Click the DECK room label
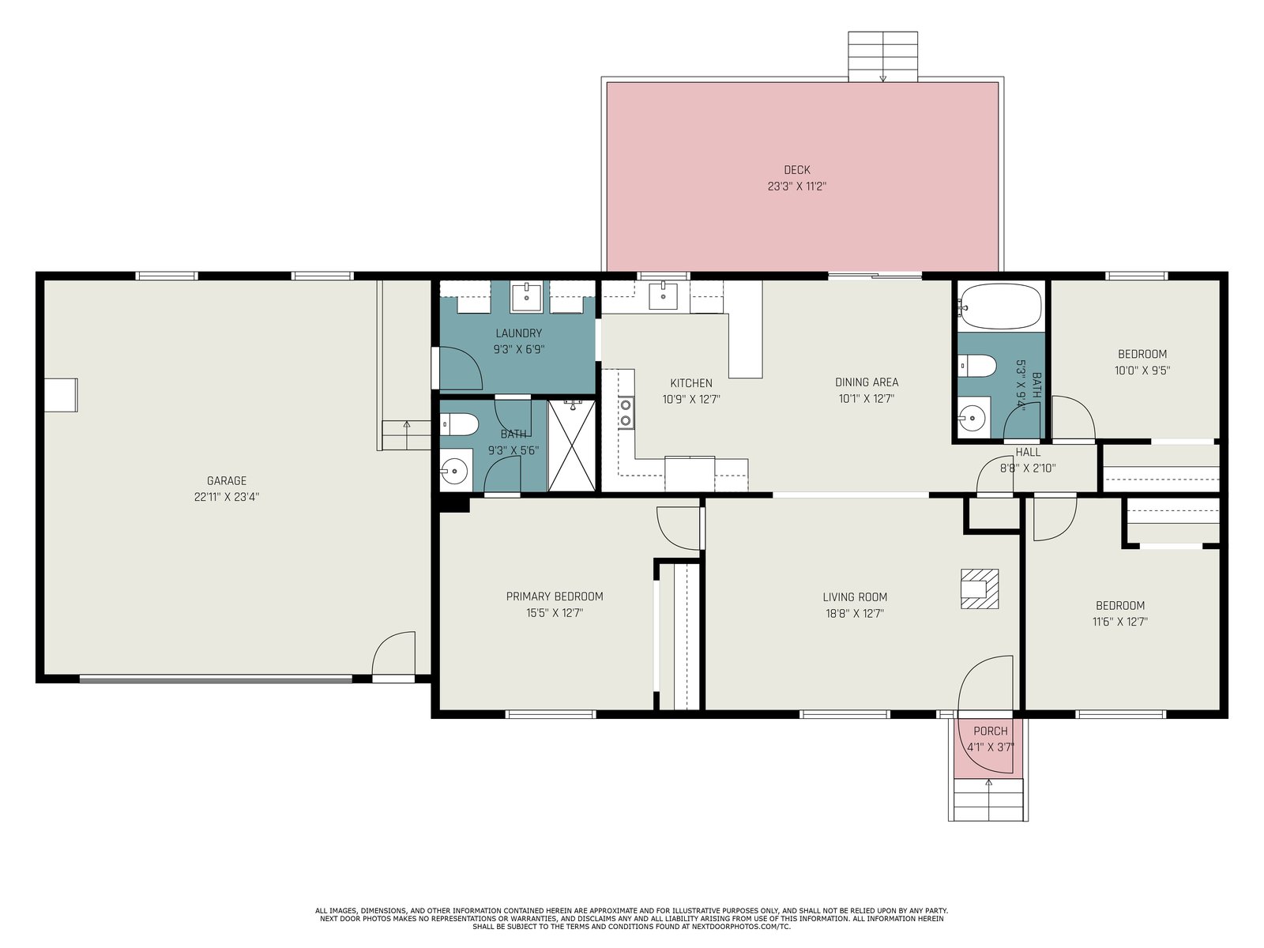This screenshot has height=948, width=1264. click(x=797, y=170)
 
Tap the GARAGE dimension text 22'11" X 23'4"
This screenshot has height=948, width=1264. click(x=226, y=497)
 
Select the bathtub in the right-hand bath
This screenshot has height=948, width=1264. click(x=999, y=307)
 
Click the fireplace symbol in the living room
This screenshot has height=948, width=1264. click(x=980, y=589)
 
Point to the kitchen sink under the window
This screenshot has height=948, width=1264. click(x=663, y=295)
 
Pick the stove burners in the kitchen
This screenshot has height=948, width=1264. click(x=626, y=412)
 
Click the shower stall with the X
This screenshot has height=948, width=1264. click(x=572, y=446)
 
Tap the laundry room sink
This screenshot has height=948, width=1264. click(x=526, y=296)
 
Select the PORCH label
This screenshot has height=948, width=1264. click(x=991, y=731)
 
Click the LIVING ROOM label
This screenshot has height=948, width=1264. click(x=855, y=597)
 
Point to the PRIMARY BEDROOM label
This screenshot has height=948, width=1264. click(x=555, y=596)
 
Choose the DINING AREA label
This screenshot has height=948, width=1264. click(x=867, y=382)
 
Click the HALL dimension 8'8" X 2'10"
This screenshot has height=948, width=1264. click(x=1028, y=468)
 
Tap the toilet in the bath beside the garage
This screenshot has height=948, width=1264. click(x=460, y=425)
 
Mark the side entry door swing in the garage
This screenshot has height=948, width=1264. click(x=394, y=653)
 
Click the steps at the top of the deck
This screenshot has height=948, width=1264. click(x=882, y=57)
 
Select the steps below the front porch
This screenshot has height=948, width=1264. click(x=989, y=799)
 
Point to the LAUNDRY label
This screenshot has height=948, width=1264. click(x=519, y=333)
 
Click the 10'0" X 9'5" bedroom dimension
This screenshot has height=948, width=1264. click(x=1142, y=371)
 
